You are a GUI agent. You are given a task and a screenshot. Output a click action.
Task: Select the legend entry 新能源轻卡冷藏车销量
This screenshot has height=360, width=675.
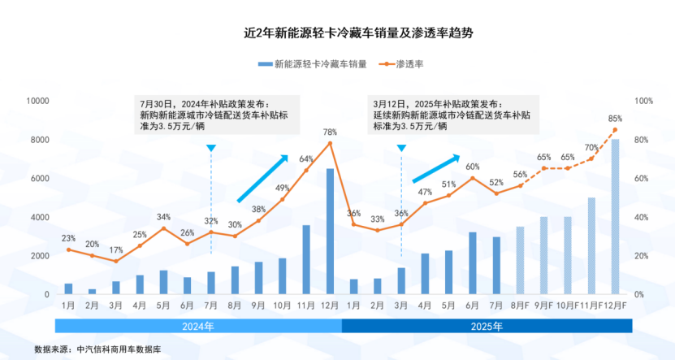click(313, 63)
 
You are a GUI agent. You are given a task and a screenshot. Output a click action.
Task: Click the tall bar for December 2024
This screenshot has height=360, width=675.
click(330, 232)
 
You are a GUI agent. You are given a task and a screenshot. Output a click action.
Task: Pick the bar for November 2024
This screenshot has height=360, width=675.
click(306, 260)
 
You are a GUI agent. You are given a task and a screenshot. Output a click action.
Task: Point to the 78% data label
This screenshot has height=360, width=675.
click(330, 132)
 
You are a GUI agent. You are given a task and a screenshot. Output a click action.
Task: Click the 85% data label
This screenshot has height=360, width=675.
click(615, 118)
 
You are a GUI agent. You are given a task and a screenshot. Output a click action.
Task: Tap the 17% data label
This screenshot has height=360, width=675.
click(115, 249)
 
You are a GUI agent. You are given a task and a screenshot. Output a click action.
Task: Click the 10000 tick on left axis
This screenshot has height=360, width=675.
click(38, 101)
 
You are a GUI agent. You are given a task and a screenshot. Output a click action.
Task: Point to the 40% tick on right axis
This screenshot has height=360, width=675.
click(641, 217)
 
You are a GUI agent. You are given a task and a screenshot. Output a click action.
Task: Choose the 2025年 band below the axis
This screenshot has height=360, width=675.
click(487, 326)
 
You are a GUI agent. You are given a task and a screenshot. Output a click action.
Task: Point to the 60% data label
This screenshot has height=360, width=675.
click(472, 167)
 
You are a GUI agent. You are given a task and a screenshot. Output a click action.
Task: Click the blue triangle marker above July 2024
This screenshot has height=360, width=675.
click(211, 148)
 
